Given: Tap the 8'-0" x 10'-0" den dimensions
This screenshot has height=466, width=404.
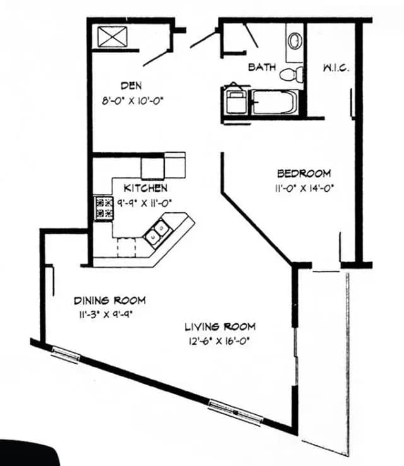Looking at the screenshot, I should [x=137, y=99].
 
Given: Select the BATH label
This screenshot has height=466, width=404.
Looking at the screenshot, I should [x=261, y=67].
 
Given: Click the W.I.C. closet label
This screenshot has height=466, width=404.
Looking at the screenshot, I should [x=336, y=68].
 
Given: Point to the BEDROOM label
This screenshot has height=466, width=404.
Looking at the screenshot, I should [x=304, y=174].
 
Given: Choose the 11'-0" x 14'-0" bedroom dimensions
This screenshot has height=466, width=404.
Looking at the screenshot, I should [x=304, y=187].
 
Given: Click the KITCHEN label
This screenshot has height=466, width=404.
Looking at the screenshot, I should [x=145, y=188].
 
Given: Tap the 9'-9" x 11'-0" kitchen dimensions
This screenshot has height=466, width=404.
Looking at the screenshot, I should [x=145, y=203].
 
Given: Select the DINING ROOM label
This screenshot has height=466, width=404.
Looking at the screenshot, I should [x=110, y=300].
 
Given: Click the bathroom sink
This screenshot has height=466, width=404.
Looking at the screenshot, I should [x=295, y=40].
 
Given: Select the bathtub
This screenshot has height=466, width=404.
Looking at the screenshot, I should [x=275, y=102].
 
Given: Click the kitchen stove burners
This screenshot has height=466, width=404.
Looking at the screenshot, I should [x=104, y=208].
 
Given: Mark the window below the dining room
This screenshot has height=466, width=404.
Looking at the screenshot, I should [x=66, y=354].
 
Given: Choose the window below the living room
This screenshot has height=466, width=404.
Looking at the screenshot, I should [x=235, y=411].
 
